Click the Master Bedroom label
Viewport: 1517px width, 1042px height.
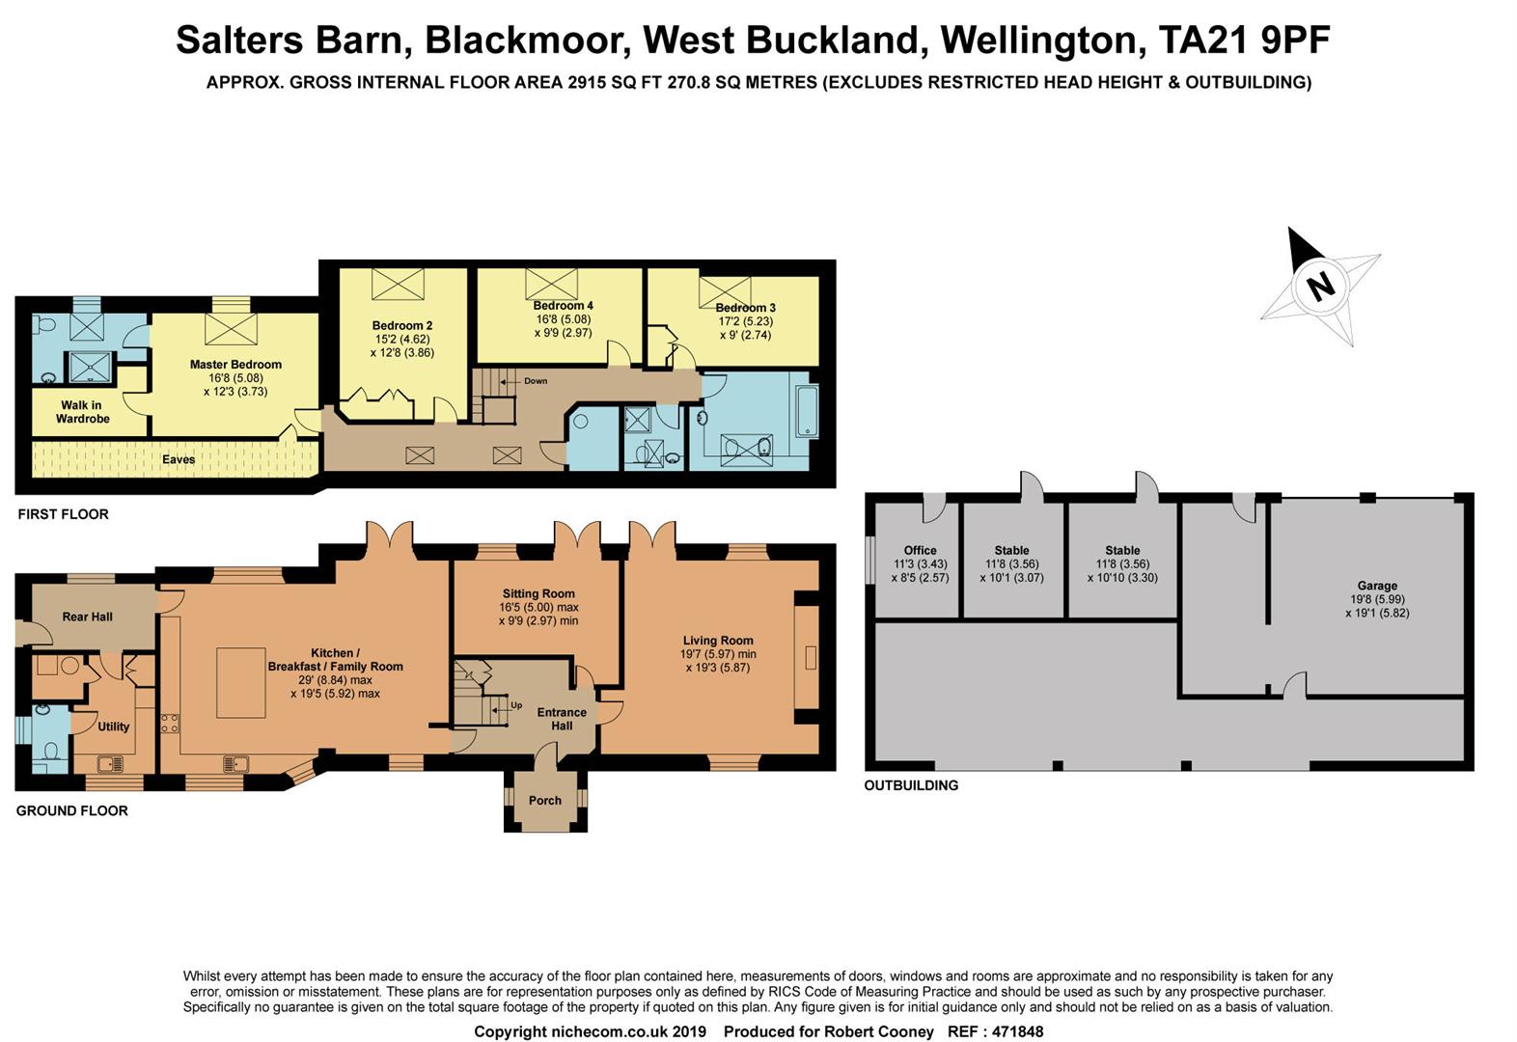(235, 365)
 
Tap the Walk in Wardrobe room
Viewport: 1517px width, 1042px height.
(82, 412)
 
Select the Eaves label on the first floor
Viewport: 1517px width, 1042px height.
(179, 459)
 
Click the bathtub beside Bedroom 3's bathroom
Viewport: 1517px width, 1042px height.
(807, 412)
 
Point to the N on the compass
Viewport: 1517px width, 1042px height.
(1320, 285)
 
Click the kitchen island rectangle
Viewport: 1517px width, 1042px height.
(235, 683)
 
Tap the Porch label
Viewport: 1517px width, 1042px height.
(545, 800)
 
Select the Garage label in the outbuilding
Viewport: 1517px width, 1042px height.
(1377, 586)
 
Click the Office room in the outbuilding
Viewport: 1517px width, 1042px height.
(919, 564)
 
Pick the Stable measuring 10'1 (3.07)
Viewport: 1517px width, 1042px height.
(1011, 564)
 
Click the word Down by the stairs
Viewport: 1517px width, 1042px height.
(536, 381)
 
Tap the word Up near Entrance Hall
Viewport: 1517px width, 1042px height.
(516, 705)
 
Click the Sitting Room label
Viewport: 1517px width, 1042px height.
(538, 594)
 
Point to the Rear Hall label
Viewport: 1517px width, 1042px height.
(88, 617)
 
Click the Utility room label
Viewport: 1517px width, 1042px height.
(113, 727)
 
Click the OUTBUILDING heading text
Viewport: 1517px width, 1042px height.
(911, 785)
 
